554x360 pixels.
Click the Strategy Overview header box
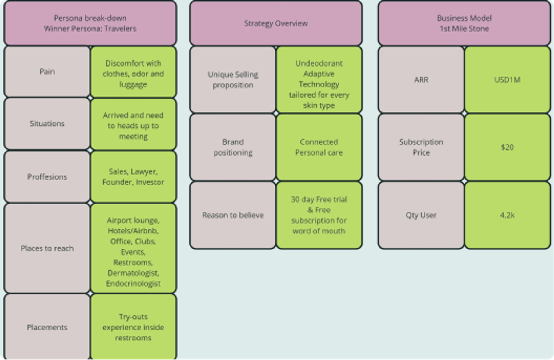(x=276, y=23)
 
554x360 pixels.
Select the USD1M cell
(x=507, y=80)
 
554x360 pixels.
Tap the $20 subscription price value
(x=507, y=147)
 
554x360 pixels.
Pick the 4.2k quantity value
(x=507, y=215)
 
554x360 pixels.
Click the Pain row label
(x=47, y=71)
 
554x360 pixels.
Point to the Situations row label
(x=47, y=123)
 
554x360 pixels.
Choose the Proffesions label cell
(x=47, y=177)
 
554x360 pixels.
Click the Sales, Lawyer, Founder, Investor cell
(x=133, y=177)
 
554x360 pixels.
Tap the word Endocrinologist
(x=133, y=283)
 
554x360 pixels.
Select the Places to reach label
(x=47, y=248)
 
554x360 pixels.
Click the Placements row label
(x=47, y=327)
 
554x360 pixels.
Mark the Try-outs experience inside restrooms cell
(x=133, y=327)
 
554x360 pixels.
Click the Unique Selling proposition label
(x=233, y=80)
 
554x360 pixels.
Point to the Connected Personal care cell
(x=319, y=147)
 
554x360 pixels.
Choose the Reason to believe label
(x=233, y=215)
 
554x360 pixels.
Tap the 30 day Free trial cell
(x=319, y=215)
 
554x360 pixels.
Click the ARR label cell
(x=421, y=80)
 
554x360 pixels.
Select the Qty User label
(x=421, y=215)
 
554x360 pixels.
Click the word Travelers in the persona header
(x=120, y=29)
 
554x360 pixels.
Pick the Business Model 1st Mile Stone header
(x=464, y=23)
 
